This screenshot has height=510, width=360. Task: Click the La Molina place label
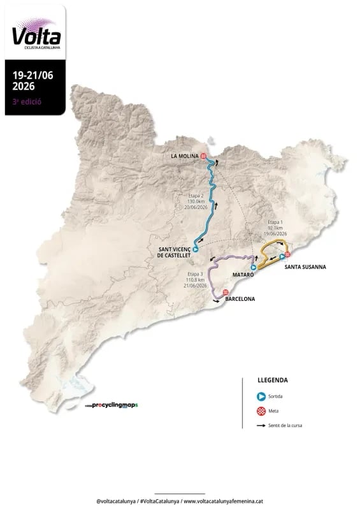pos(185,156)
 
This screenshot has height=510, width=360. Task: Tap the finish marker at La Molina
pos(203,156)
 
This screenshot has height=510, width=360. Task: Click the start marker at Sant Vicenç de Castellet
pos(196,249)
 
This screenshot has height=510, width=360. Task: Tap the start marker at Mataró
pos(254,268)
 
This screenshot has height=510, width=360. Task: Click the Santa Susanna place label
pos(305,267)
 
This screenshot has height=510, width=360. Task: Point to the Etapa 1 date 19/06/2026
pos(274,234)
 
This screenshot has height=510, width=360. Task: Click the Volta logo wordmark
pos(32,34)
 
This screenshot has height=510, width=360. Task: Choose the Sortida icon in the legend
pos(261,396)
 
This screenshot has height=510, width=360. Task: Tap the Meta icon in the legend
pos(261,411)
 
